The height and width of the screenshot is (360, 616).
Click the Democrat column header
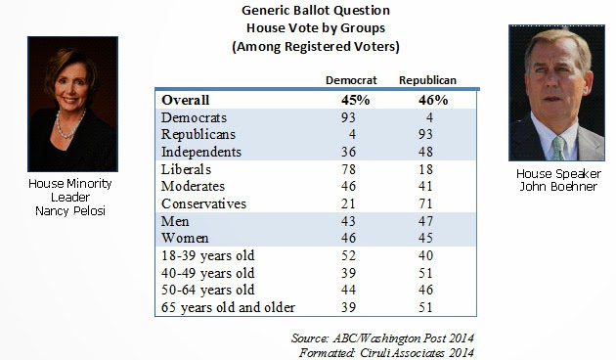click(351, 80)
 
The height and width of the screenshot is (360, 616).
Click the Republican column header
click(427, 80)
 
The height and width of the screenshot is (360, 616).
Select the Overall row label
click(185, 100)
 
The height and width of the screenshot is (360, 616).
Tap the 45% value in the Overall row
click(355, 100)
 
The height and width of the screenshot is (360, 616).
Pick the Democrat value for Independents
click(348, 152)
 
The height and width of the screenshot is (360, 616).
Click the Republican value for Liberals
click(425, 169)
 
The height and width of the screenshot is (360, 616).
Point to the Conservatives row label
click(203, 203)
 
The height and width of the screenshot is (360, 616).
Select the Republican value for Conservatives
click(425, 203)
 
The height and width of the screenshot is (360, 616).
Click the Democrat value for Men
click(348, 221)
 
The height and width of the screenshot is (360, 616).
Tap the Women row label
click(185, 238)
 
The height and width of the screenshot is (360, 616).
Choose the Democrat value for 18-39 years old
click(348, 255)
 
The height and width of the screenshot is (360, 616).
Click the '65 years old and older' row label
click(228, 307)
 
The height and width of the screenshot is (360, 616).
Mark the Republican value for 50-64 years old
click(425, 290)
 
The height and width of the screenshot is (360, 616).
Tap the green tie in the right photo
click(558, 148)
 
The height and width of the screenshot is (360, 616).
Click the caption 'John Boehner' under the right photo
click(558, 186)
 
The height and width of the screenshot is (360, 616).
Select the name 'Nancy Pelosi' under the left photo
click(70, 211)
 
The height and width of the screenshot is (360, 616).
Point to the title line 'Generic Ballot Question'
click(316, 10)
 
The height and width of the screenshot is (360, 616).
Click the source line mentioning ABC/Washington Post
click(382, 338)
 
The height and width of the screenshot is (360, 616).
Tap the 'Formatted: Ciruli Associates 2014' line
click(386, 352)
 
